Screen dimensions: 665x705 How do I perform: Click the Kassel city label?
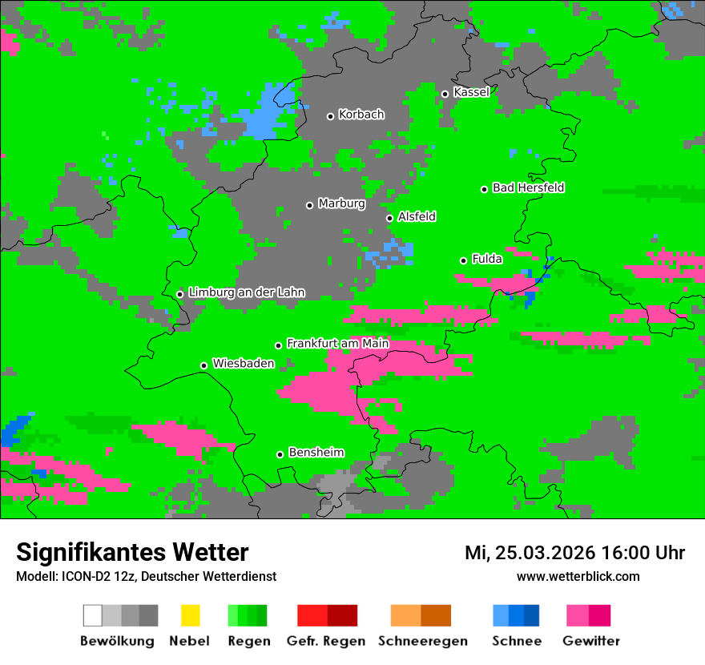(471, 92)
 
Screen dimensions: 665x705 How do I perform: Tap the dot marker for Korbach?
(330, 116)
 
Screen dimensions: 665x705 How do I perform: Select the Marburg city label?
(341, 204)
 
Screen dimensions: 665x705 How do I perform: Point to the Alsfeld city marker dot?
(389, 218)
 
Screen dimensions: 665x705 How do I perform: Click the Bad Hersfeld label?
(528, 187)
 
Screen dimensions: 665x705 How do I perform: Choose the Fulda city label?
(487, 259)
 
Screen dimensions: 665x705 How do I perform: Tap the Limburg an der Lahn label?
(246, 292)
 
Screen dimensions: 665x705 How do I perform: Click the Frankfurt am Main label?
(337, 343)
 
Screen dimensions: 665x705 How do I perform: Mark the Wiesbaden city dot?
(203, 365)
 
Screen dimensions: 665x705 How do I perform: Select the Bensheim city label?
(316, 452)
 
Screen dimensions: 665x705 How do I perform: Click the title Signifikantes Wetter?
(132, 553)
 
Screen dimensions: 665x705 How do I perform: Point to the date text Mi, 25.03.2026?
(530, 553)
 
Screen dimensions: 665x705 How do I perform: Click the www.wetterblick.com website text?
(578, 576)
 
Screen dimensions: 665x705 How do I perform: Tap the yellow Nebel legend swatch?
(190, 615)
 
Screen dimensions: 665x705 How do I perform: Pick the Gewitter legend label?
(591, 641)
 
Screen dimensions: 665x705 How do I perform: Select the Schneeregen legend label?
(423, 641)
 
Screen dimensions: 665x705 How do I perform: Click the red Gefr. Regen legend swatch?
(312, 615)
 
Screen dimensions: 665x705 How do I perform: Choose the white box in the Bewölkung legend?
(93, 615)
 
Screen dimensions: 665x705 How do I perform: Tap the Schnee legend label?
(516, 641)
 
